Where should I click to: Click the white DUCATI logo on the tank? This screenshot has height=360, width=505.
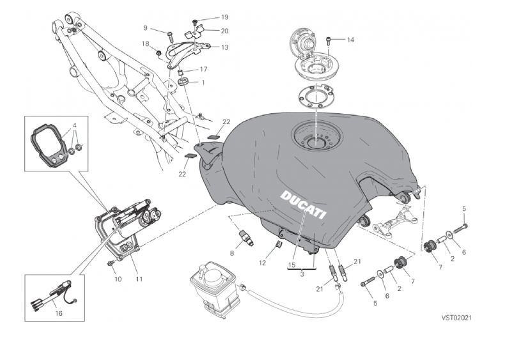coord(303,205)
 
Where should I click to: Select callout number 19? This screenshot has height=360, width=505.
coord(206,17)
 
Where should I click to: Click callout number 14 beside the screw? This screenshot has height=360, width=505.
coord(350,40)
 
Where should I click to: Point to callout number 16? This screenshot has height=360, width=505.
coord(59,314)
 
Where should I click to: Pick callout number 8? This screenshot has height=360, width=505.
coord(232,253)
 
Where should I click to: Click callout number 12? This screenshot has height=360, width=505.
coord(263,262)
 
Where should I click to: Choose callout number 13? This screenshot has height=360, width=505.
coord(206,47)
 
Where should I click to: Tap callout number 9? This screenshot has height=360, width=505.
coord(145,27)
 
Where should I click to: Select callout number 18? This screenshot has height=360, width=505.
coord(145,43)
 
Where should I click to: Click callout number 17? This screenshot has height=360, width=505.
coord(203,69)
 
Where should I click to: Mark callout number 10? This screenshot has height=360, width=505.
coord(118,279)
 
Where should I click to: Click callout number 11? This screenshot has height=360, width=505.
coord(138,279)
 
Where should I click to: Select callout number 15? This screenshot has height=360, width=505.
coord(291,263)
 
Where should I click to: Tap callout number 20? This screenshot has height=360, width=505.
coord(206,31)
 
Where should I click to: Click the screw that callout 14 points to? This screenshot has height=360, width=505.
coord(328,40)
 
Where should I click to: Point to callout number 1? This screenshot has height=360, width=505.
coord(203,82)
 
